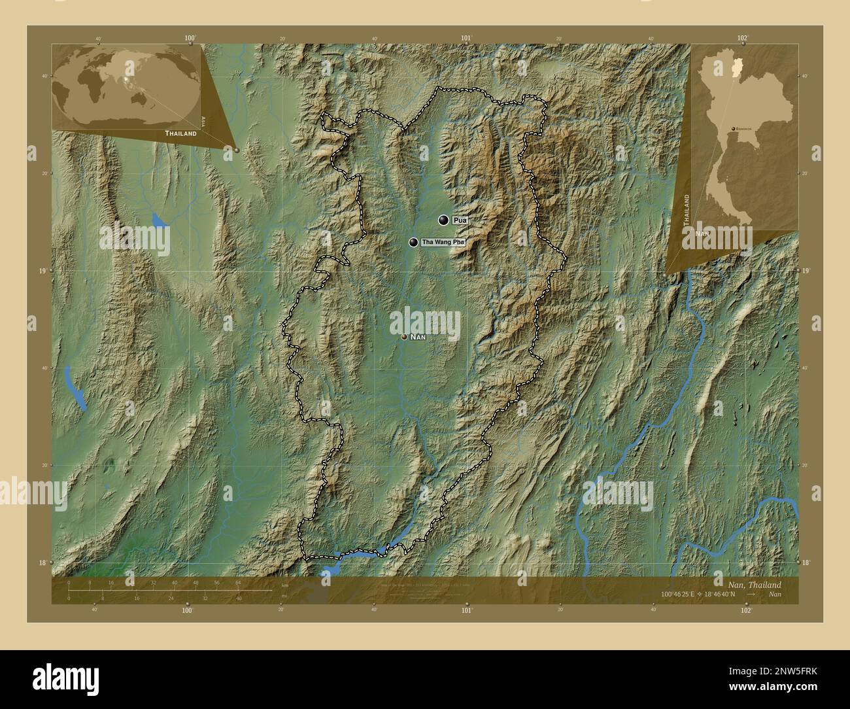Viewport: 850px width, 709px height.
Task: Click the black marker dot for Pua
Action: pos(444,220)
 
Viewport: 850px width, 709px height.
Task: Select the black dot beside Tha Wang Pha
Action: pos(414,243)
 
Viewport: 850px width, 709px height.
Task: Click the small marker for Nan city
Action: pos(404,337)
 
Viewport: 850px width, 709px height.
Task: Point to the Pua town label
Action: pos(460,220)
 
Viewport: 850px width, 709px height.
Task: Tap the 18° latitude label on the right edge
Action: pos(806,562)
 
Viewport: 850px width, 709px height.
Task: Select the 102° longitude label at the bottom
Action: pos(745,611)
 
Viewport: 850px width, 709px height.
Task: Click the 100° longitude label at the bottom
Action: pos(188,611)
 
